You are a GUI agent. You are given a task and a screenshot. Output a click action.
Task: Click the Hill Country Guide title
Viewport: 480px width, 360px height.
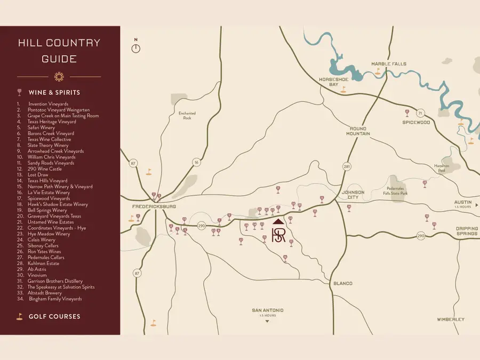59,51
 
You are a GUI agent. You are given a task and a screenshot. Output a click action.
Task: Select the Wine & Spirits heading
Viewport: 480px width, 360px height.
54,92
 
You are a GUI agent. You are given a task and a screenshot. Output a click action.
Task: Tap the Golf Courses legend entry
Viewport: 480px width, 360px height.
54,316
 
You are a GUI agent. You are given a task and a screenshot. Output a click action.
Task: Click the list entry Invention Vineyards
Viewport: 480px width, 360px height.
48,104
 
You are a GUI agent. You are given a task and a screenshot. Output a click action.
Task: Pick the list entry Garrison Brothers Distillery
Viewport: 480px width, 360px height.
55,281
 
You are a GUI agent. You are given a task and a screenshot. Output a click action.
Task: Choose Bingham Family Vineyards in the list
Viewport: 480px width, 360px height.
55,299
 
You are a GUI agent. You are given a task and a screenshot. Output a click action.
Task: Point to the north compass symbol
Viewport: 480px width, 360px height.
136,48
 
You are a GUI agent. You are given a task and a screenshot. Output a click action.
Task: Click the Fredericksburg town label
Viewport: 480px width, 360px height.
154,206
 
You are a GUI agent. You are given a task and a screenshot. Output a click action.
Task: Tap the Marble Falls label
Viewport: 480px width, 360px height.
389,64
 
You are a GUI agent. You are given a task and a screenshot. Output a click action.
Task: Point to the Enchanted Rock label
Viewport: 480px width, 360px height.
187,115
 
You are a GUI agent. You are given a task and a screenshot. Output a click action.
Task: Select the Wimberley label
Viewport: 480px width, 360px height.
450,319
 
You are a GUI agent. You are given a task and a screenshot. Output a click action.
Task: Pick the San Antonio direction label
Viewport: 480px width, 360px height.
268,310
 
